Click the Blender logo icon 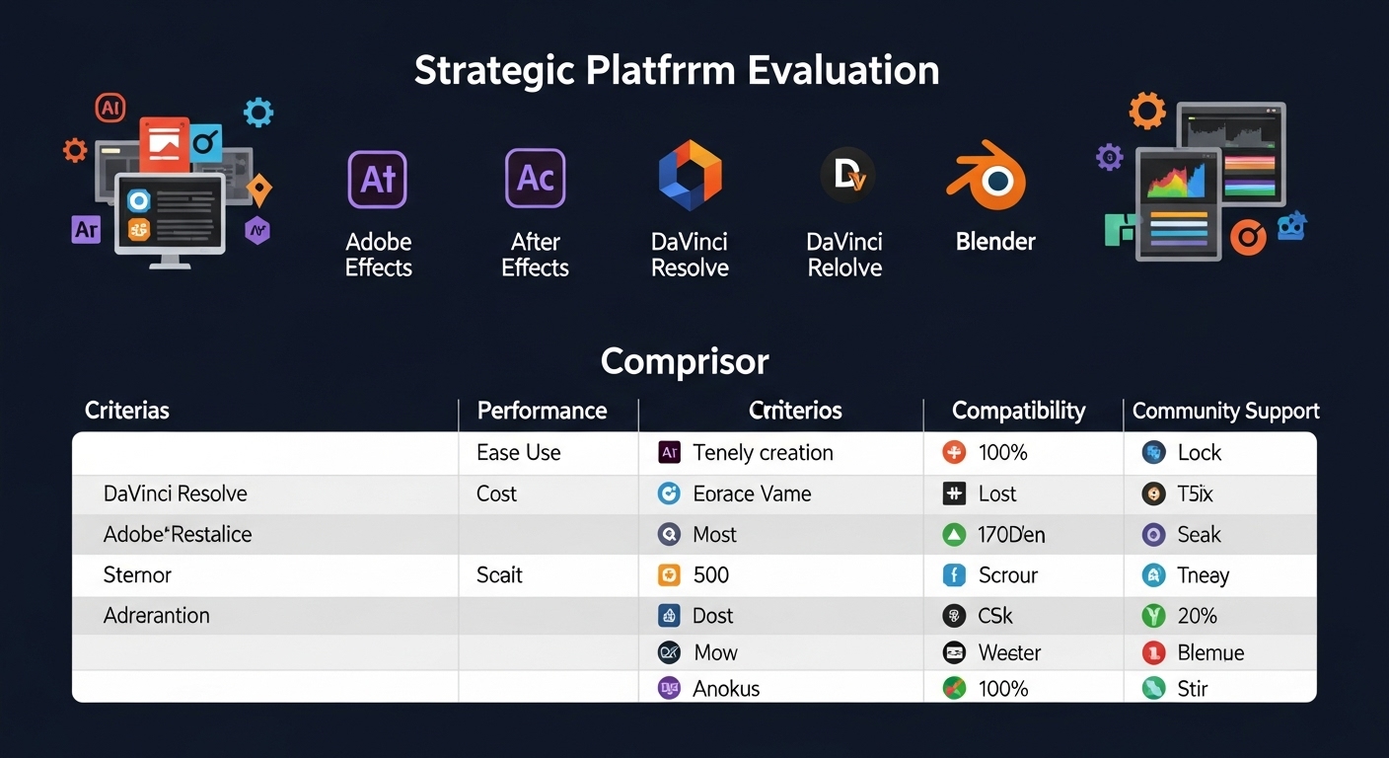987,176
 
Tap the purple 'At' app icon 378,180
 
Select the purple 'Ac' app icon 535,178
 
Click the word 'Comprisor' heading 685,361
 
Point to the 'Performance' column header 542,411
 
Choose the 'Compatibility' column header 1019,411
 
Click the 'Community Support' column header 1226,411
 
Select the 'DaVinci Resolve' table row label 176,493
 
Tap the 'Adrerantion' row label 156,615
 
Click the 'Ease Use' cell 518,453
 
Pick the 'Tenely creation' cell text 763,453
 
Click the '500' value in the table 710,575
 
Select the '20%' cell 1197,615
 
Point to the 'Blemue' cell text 1210,652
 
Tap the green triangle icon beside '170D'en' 954,534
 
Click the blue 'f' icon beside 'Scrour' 954,575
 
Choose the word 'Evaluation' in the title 842,70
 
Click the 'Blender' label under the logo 995,241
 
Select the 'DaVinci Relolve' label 844,255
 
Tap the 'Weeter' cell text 1009,652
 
